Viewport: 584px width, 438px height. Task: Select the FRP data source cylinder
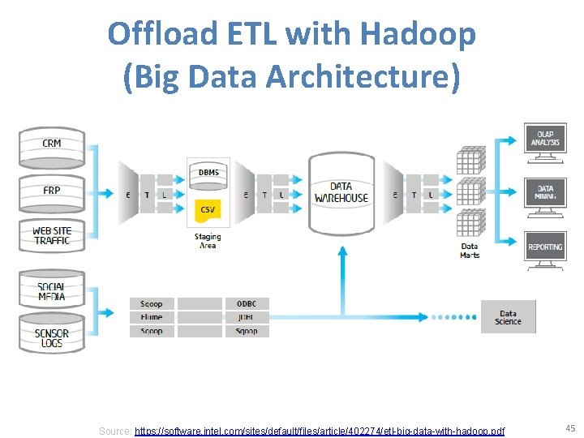(52, 192)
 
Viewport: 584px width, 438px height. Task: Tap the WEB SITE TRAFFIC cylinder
(52, 236)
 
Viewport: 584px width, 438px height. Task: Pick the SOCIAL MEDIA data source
(52, 291)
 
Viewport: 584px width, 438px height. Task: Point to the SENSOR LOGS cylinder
(52, 336)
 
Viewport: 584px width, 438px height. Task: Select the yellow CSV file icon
(208, 210)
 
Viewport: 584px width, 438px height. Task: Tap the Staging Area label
(208, 241)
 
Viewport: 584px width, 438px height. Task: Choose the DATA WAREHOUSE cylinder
(341, 192)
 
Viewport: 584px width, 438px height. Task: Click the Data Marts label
(470, 251)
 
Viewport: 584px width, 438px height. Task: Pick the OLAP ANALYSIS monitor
(545, 139)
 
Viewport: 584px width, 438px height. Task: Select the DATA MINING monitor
(545, 193)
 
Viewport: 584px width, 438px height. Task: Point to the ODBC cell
(247, 304)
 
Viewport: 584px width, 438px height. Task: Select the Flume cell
(152, 317)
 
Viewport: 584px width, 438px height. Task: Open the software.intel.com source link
(319, 431)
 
